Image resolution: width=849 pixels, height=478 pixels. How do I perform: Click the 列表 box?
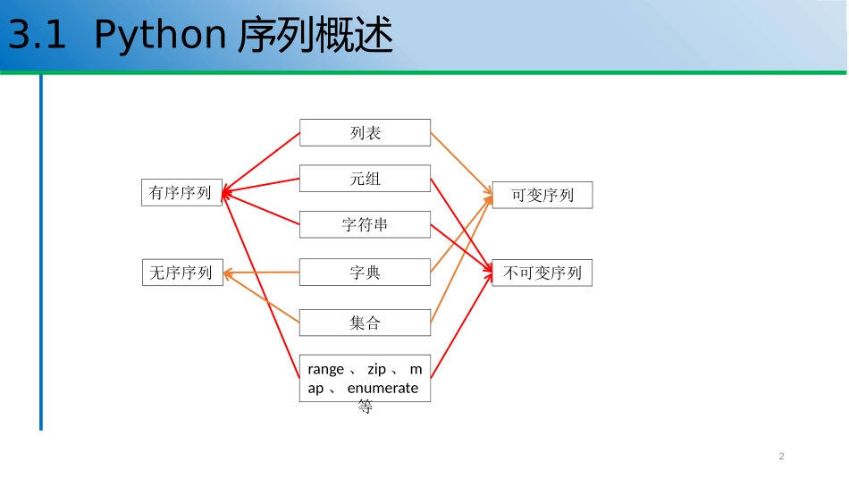[x=365, y=132]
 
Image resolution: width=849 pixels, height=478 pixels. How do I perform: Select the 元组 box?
[x=365, y=179]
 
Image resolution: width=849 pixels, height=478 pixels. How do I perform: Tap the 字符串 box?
[x=365, y=225]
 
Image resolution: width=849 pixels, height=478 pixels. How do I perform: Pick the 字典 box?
[x=365, y=273]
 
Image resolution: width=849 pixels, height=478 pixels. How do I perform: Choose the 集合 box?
[x=365, y=323]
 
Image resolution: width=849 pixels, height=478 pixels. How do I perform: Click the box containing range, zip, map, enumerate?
[x=365, y=380]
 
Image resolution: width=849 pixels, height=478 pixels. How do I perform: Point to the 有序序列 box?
[x=181, y=192]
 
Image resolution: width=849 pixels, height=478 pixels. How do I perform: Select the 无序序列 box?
[x=181, y=273]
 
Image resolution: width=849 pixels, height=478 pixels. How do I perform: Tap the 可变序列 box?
[x=542, y=195]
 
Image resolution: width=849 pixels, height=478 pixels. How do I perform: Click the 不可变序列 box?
[x=542, y=273]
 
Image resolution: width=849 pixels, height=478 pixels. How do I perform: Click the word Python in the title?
[x=159, y=36]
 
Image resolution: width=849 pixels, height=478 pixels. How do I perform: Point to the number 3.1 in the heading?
[x=36, y=36]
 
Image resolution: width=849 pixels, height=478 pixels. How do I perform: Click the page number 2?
[x=781, y=457]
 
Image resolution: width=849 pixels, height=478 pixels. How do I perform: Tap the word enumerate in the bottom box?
[x=382, y=388]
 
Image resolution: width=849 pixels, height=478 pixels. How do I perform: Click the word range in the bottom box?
[x=325, y=369]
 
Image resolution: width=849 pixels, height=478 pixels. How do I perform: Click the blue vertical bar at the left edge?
[x=40, y=250]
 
